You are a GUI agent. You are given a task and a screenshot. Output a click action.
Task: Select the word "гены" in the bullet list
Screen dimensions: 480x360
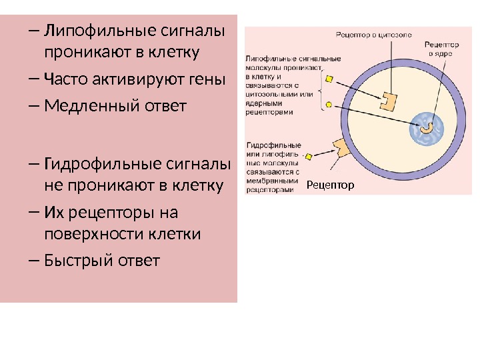pos(208,81)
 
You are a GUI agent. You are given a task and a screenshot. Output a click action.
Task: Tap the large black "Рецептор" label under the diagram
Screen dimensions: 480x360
pos(331,185)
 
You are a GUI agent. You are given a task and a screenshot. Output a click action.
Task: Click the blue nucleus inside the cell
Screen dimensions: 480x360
pos(425,127)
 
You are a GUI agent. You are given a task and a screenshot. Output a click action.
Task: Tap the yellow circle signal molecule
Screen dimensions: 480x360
pos(327,105)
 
